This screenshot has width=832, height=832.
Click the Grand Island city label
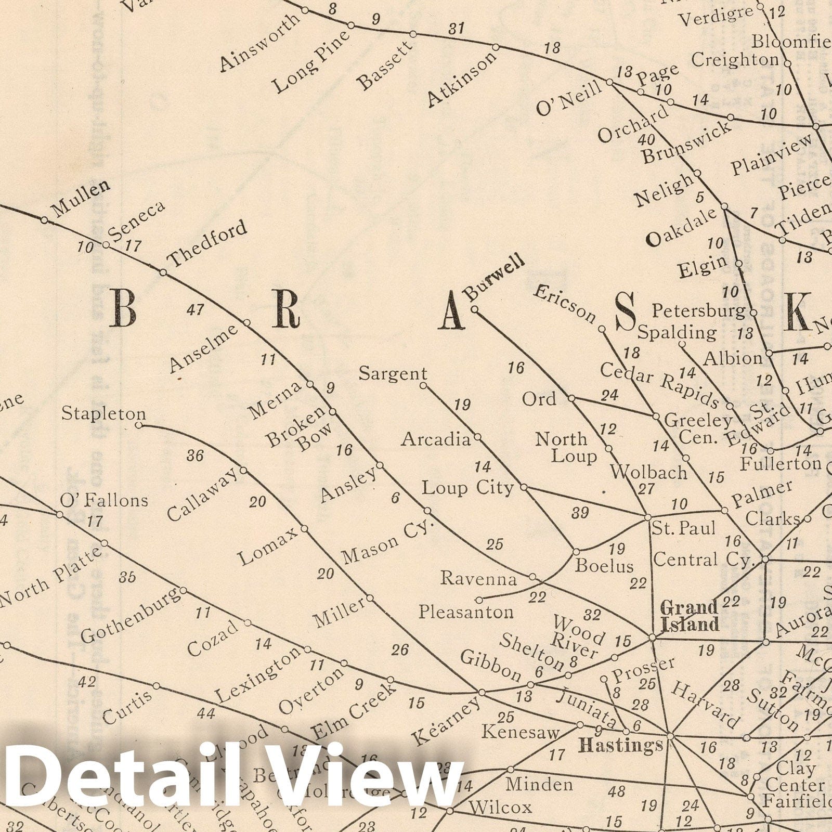[x=690, y=616]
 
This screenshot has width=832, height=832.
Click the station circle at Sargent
[x=423, y=385]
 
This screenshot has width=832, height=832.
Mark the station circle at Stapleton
[x=139, y=425]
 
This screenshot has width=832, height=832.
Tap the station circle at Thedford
[x=163, y=272]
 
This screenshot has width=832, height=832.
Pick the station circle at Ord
[x=571, y=398]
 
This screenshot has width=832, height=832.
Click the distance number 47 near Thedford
[x=195, y=310]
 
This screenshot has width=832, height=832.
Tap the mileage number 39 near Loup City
[x=580, y=513]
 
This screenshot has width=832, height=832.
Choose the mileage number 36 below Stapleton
[x=195, y=456]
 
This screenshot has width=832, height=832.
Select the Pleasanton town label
[x=466, y=612]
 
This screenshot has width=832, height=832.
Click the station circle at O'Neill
[x=609, y=82]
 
